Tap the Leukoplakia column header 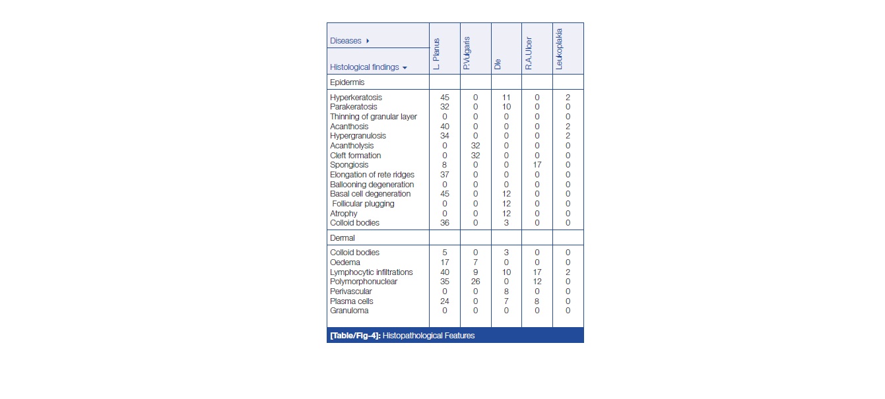(x=559, y=47)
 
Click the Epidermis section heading (x=346, y=82)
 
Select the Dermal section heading (x=343, y=237)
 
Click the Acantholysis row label (x=352, y=146)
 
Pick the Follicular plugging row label (x=363, y=204)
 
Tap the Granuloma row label (x=349, y=311)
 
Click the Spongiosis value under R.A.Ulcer (x=537, y=165)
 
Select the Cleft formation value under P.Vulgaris (x=475, y=156)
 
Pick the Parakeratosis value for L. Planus (x=445, y=107)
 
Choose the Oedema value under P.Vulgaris (x=475, y=262)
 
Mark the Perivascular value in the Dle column (x=506, y=292)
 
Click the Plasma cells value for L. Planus (x=445, y=301)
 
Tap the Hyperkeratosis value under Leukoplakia (x=568, y=98)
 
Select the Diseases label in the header (x=346, y=41)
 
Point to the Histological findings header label (x=364, y=67)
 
